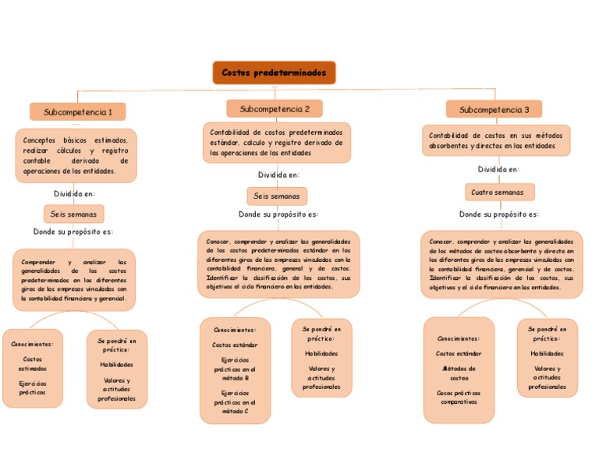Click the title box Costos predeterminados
[x=274, y=72]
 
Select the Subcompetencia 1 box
[x=78, y=112]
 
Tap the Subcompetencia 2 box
[x=275, y=109]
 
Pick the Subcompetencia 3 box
[x=494, y=110]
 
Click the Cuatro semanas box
[x=499, y=192]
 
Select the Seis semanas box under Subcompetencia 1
[x=73, y=214]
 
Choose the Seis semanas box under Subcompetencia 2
[x=277, y=196]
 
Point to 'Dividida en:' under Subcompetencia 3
[x=499, y=169]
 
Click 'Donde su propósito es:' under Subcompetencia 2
[x=278, y=214]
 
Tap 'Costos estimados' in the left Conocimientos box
[x=33, y=364]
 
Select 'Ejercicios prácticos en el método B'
[x=235, y=369]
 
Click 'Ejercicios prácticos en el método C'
[x=235, y=402]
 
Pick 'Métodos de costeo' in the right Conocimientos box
[x=459, y=373]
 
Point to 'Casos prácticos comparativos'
[x=459, y=398]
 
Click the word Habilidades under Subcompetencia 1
[x=116, y=364]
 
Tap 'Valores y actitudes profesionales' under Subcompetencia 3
[x=547, y=377]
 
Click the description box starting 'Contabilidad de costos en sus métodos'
[x=496, y=140]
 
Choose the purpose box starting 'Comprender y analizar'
[x=74, y=280]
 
